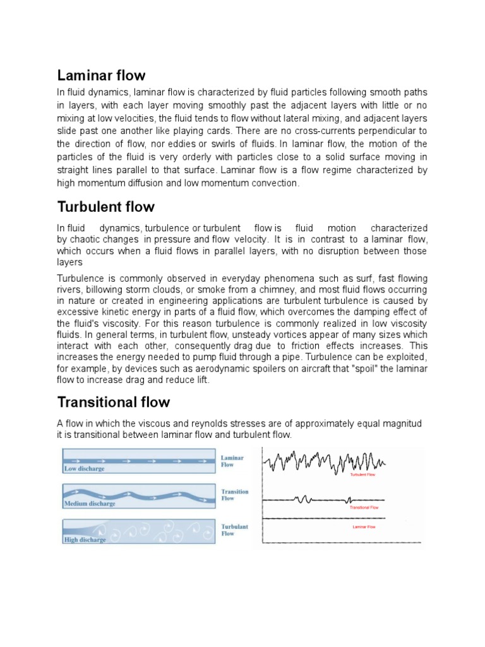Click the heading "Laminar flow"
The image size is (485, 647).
pos(101,76)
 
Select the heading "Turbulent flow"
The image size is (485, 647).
pos(105,207)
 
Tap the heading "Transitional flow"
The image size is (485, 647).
pos(114,402)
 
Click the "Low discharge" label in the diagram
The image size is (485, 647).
pos(85,469)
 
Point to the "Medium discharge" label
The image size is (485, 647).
pos(90,504)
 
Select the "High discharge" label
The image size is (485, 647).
pos(85,540)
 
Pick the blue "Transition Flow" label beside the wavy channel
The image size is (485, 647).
pos(234,495)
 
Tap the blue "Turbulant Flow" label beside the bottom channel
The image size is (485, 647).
pos(234,529)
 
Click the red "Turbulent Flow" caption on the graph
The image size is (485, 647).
pos(362,475)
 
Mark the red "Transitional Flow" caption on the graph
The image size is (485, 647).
pos(364,507)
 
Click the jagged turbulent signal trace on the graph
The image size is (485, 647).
pos(328,461)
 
